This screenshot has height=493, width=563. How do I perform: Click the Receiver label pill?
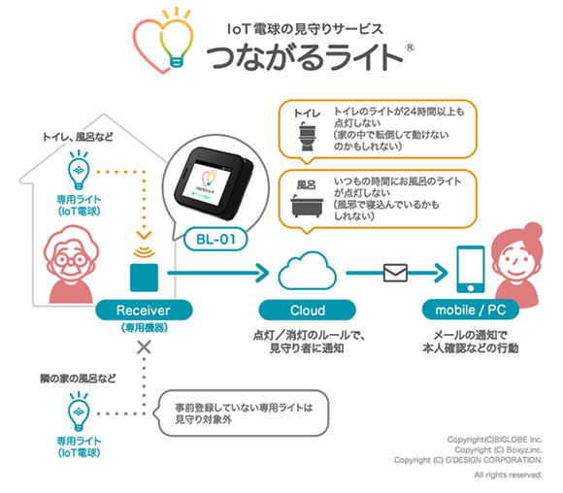tap(144, 310)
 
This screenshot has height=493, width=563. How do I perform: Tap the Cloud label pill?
tap(308, 310)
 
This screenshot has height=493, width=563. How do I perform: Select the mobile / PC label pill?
tap(471, 310)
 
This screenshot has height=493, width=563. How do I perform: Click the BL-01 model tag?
tap(215, 239)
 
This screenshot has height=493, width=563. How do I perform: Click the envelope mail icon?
tap(395, 273)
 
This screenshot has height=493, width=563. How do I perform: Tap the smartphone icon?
tap(471, 270)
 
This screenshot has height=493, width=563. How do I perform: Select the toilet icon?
tap(308, 137)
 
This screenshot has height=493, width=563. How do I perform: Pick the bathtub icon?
tap(307, 206)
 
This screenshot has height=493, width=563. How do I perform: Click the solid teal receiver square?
tap(144, 278)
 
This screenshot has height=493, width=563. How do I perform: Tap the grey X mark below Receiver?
tap(144, 347)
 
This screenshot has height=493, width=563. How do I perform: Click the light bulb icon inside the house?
tap(79, 170)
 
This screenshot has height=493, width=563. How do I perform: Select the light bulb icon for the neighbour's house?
tap(79, 411)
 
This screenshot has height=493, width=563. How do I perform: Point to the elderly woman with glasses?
tap(72, 264)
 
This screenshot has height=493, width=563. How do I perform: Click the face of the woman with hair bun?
tap(513, 259)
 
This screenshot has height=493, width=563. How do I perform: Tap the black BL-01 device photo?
tap(214, 183)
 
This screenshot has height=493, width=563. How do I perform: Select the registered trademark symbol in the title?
tap(410, 48)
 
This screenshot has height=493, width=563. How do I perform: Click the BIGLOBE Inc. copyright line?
tap(495, 440)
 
